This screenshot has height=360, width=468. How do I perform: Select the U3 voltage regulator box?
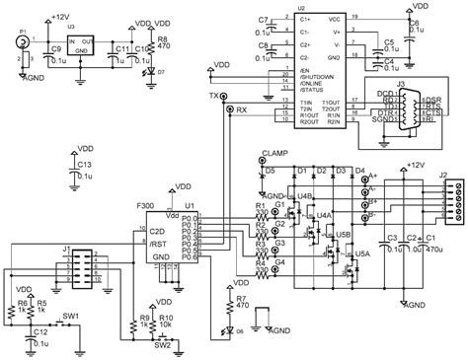87,47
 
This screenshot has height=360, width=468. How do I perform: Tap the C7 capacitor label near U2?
262,20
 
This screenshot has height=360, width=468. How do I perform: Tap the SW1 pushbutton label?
71,316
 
